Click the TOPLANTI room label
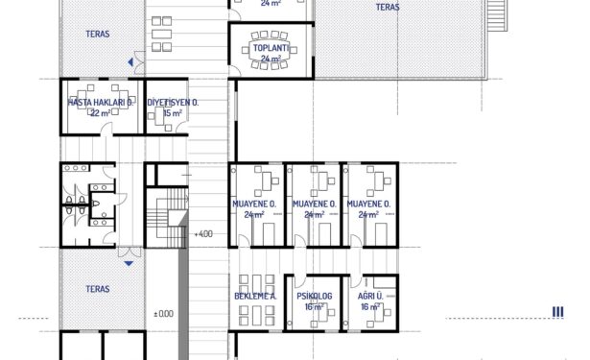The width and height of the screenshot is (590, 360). click(x=271, y=48)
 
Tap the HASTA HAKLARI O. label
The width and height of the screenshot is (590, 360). click(x=100, y=103)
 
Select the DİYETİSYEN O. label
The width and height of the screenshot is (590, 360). click(x=173, y=103)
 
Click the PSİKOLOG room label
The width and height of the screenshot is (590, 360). click(x=315, y=297)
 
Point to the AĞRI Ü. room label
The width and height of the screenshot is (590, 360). click(x=370, y=296)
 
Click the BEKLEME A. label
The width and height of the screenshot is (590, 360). click(x=255, y=297)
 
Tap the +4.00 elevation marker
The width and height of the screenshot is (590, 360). click(x=203, y=234)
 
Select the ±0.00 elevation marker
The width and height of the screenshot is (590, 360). click(x=164, y=314)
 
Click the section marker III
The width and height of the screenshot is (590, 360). click(x=557, y=312)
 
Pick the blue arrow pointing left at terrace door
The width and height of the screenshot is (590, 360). click(x=130, y=62)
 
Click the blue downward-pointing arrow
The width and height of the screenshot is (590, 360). click(x=129, y=264)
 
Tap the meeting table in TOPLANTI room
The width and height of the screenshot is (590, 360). click(x=270, y=50)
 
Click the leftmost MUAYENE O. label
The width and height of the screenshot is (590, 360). click(x=254, y=204)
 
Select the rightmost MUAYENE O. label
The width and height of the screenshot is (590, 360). click(x=368, y=204)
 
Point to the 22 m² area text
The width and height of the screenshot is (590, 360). click(x=101, y=113)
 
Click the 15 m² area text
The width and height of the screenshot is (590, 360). click(x=173, y=113)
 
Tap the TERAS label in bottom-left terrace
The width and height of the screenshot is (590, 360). click(x=98, y=289)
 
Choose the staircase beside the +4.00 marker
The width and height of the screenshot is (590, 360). click(x=167, y=218)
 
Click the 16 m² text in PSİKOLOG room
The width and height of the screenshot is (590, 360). click(x=315, y=307)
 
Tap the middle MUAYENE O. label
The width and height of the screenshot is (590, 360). click(x=315, y=204)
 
